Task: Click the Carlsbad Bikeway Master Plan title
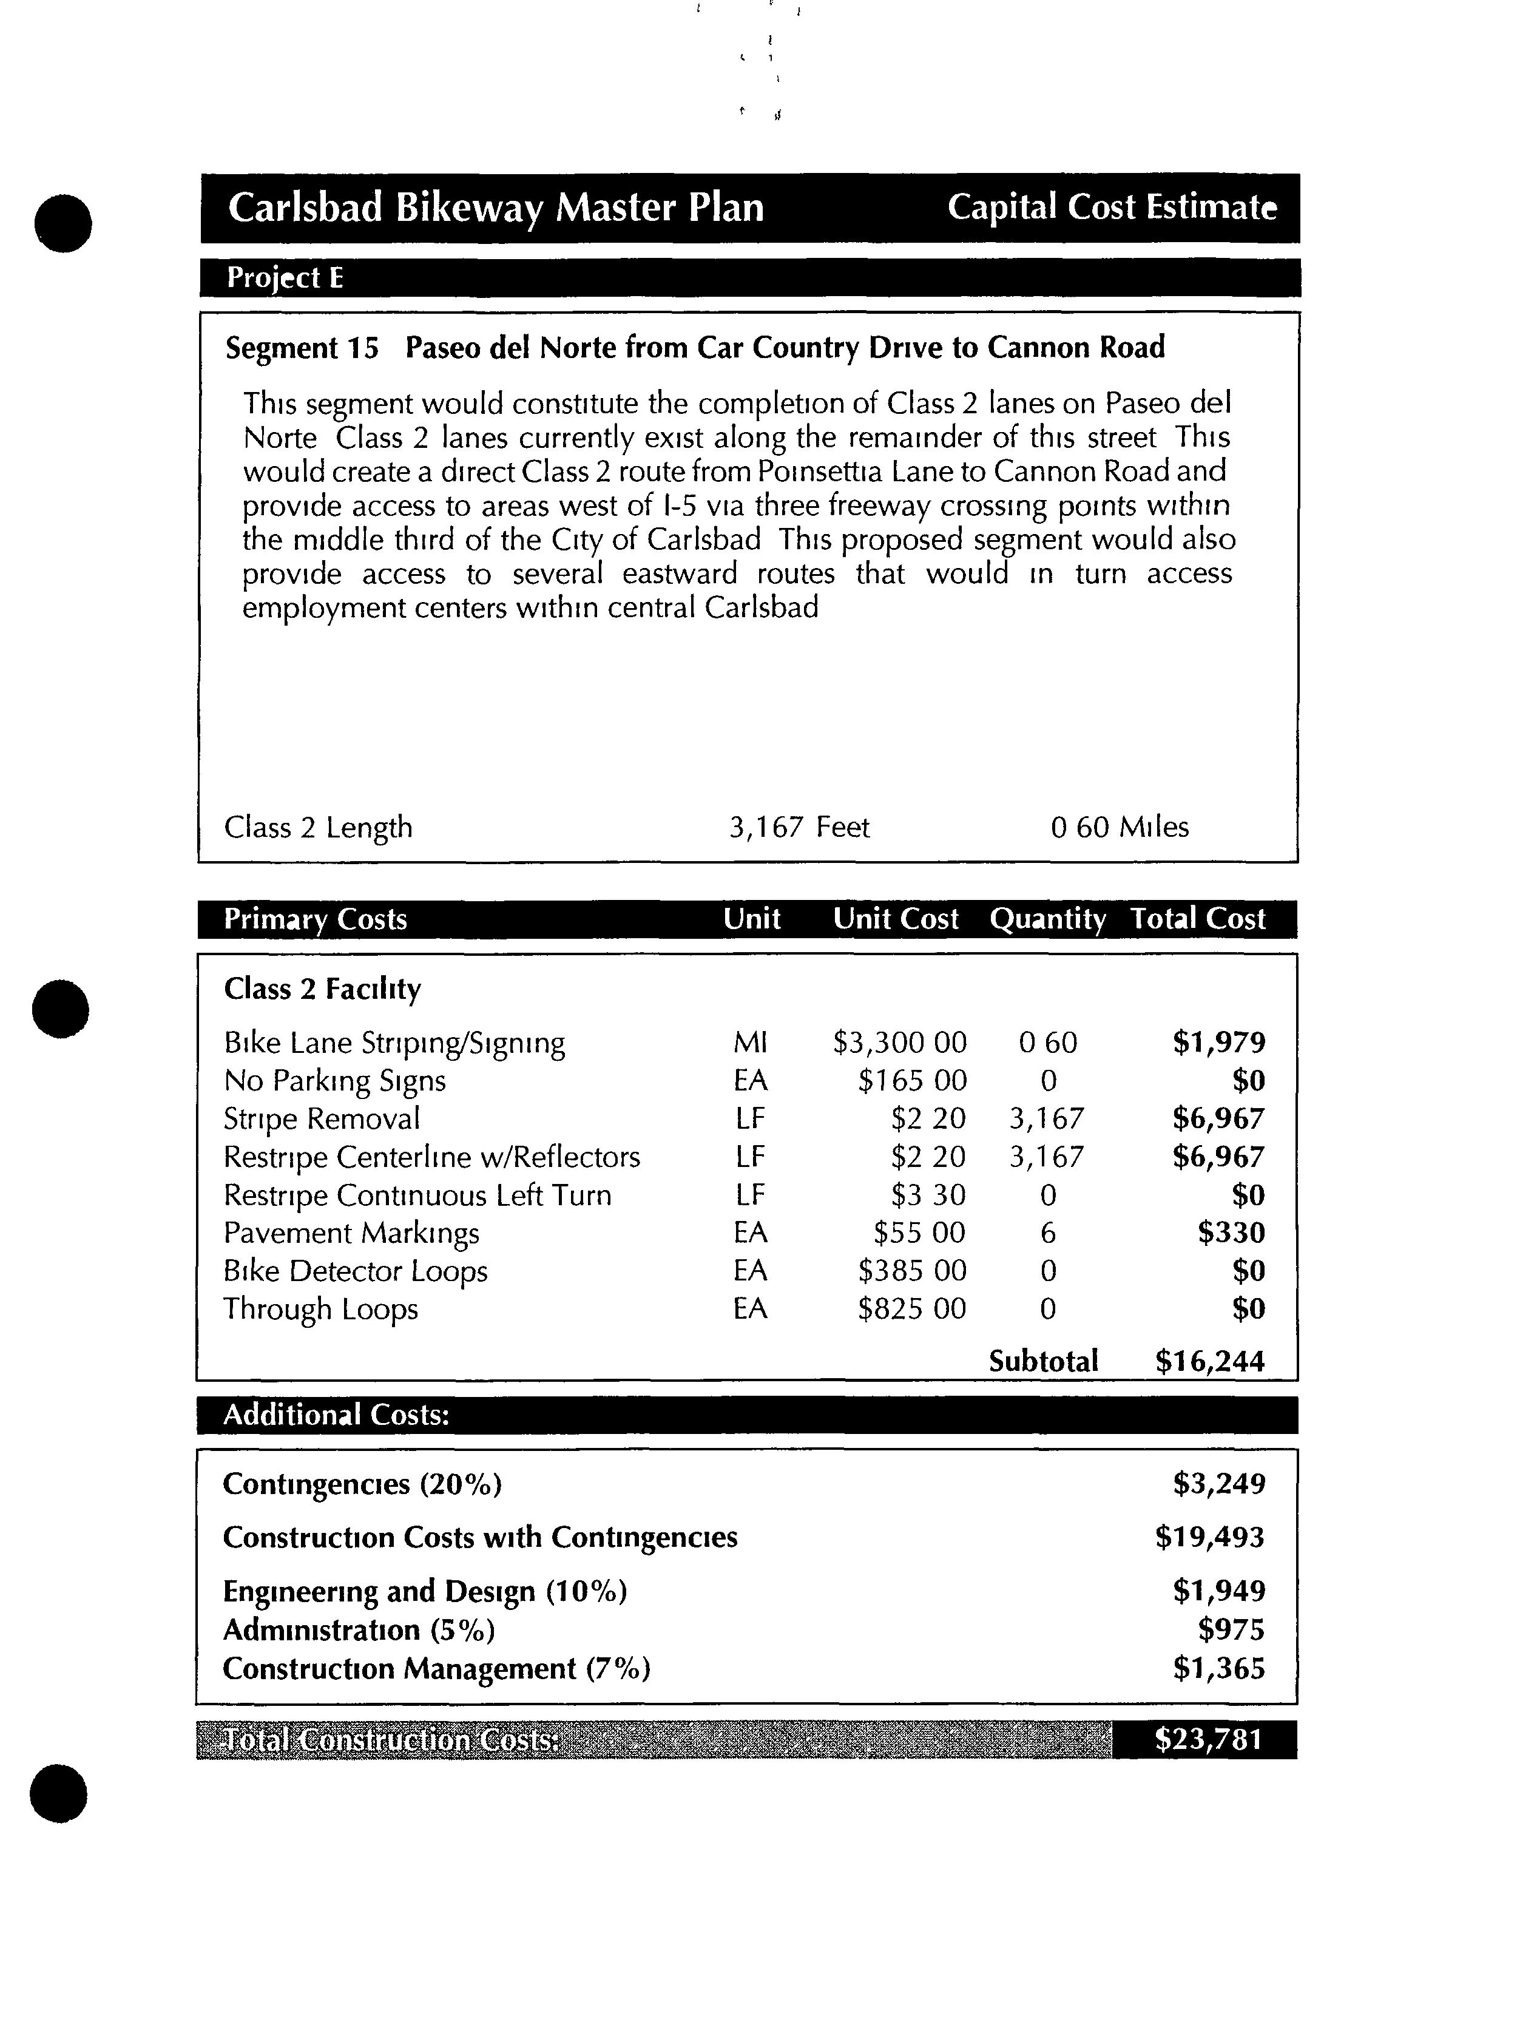495,208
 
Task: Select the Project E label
285,278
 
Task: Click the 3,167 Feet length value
799,827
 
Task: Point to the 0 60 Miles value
1119,827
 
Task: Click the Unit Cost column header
895,919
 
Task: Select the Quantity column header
1047,919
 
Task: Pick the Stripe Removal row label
322,1119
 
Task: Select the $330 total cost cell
1231,1233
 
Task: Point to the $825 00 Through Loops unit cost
911,1309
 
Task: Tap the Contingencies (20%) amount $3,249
1218,1484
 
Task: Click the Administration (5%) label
359,1630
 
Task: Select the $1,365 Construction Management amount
1218,1669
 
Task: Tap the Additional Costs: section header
336,1415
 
